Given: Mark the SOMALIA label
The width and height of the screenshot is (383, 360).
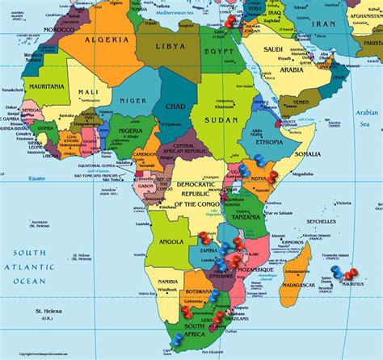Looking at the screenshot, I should (x=308, y=153).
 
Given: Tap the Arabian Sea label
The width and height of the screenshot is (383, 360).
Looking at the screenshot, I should (x=368, y=118).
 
